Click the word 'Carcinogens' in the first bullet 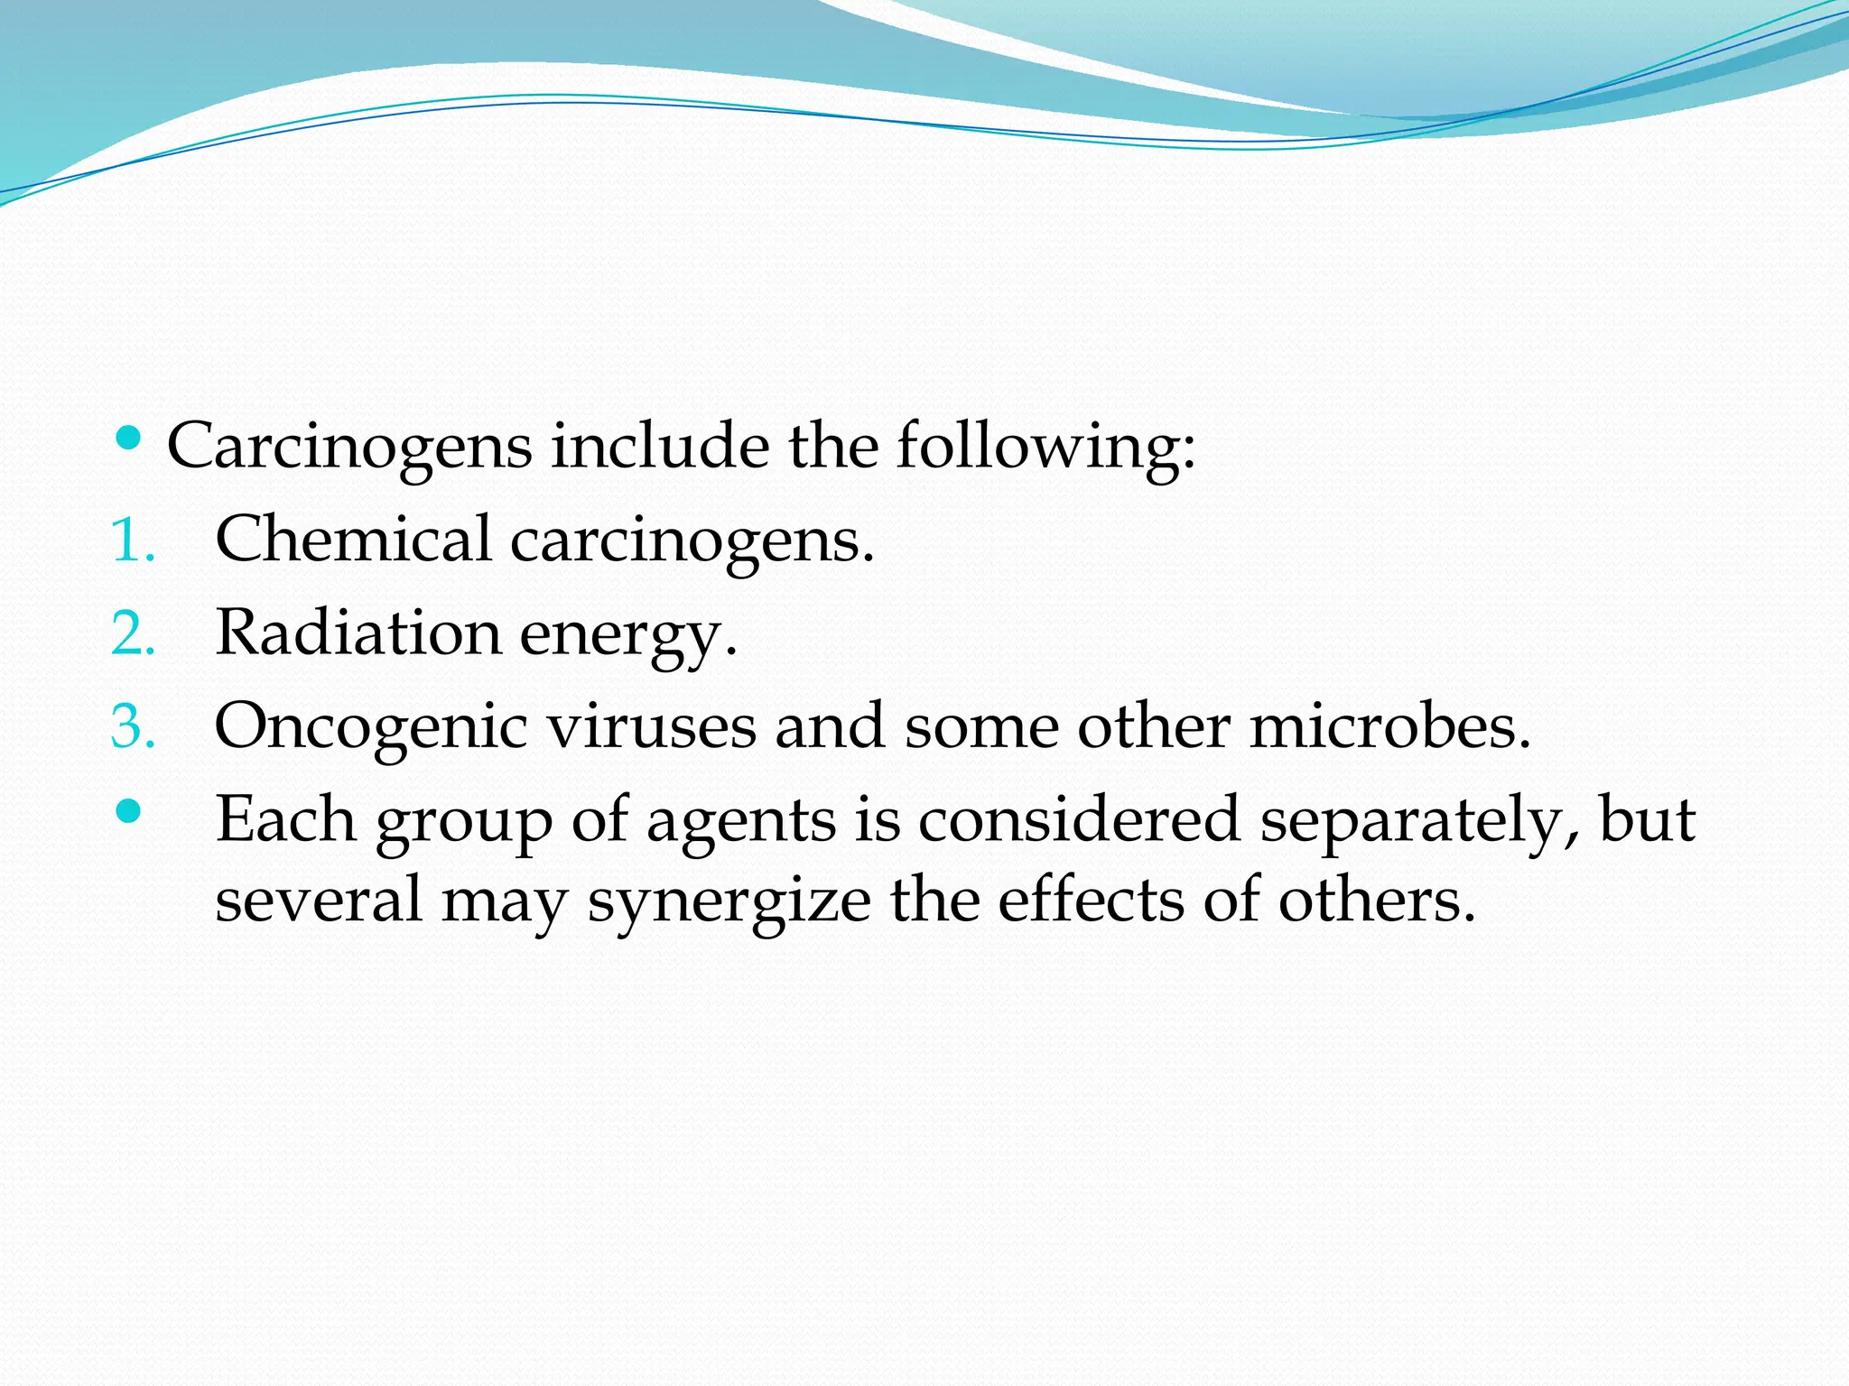[349, 447]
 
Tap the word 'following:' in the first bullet [1045, 447]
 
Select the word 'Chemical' [353, 540]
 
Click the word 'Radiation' [358, 633]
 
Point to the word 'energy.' [628, 634]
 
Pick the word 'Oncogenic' [370, 726]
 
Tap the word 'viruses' [652, 726]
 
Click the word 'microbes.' [1390, 726]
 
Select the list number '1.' [133, 542]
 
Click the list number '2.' [134, 634]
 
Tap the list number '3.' [134, 727]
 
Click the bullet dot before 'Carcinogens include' [129, 439]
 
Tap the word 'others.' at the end [1377, 901]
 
